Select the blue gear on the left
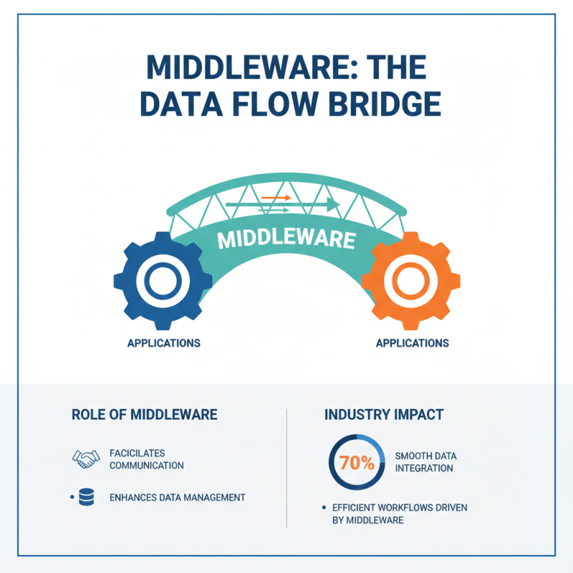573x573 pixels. click(163, 281)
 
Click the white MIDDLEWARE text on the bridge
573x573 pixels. click(286, 239)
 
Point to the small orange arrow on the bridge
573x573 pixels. click(276, 196)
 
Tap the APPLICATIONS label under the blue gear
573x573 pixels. click(163, 343)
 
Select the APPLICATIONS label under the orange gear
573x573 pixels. click(412, 343)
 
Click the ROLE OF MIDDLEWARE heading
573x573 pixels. click(145, 415)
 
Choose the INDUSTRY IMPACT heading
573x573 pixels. click(384, 415)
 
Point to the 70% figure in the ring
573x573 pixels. click(357, 462)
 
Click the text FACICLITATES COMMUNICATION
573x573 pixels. click(147, 459)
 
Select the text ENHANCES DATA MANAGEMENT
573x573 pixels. click(178, 497)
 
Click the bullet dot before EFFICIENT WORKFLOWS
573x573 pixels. click(324, 508)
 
